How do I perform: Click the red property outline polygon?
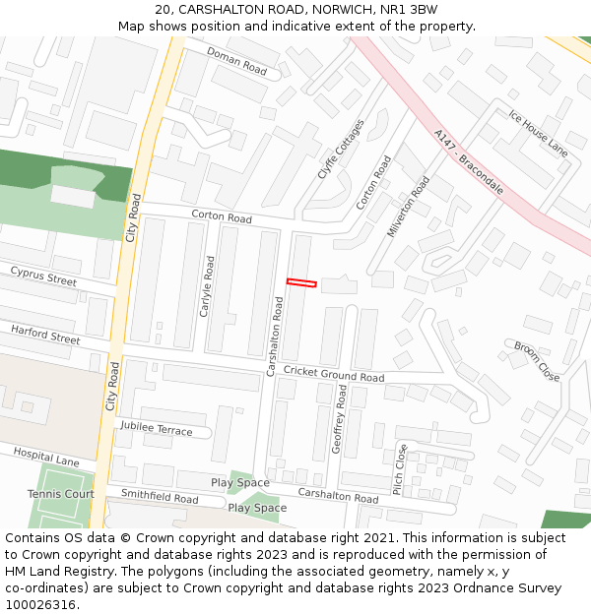pyautogui.click(x=301, y=283)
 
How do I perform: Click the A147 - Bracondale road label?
pyautogui.click(x=468, y=160)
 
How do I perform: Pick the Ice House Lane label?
pyautogui.click(x=538, y=133)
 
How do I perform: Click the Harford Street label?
pyautogui.click(x=45, y=336)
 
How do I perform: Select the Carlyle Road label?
pyautogui.click(x=207, y=286)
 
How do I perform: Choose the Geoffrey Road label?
pyautogui.click(x=338, y=419)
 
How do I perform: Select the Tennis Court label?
pyautogui.click(x=60, y=494)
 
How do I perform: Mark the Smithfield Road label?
pyautogui.click(x=159, y=495)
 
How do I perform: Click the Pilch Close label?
pyautogui.click(x=399, y=469)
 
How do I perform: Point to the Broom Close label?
pyautogui.click(x=537, y=361)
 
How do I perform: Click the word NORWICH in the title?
pyautogui.click(x=341, y=9)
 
